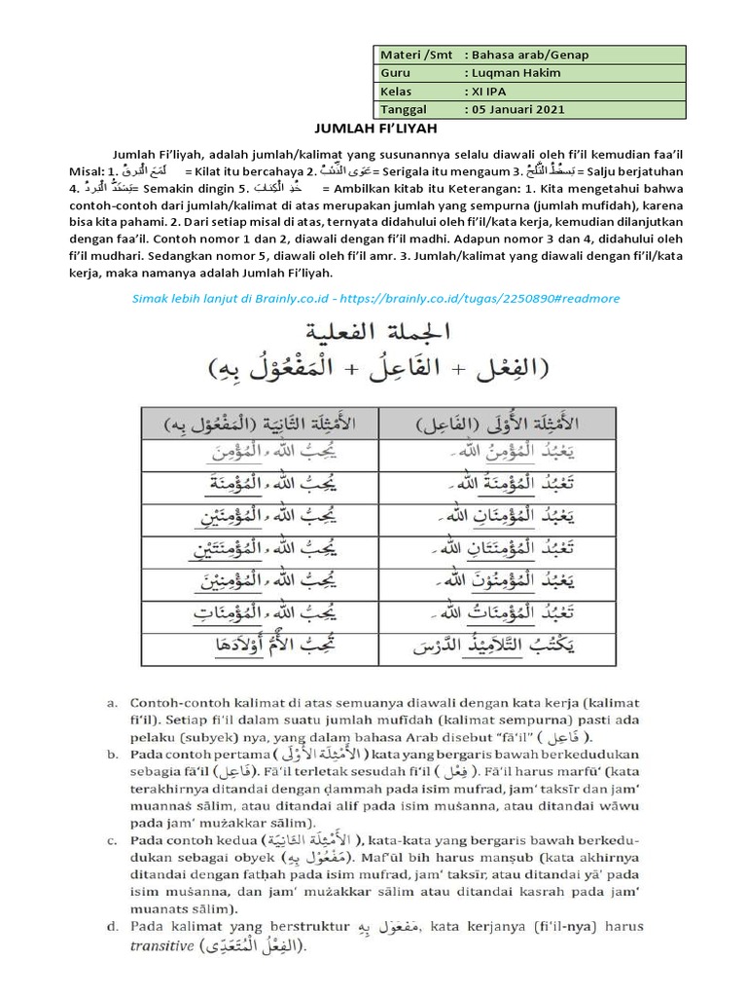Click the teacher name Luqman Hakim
point(510,72)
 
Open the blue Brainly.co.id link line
point(373,298)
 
